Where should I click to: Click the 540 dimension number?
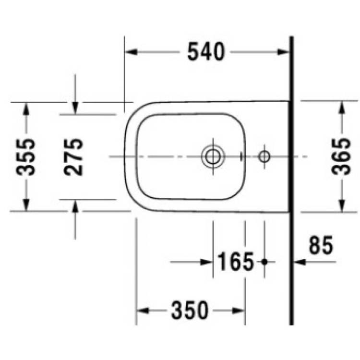[x=206, y=52]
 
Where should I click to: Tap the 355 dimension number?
[x=26, y=157]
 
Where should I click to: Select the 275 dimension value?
[x=73, y=157]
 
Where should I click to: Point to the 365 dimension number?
[x=341, y=156]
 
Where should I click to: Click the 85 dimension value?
[x=321, y=245]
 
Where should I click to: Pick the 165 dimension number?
[x=235, y=262]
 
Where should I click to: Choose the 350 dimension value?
[x=190, y=311]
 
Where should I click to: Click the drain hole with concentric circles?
[x=213, y=156]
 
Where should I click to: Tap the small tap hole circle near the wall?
[x=264, y=156]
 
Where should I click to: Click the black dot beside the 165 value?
[x=264, y=262]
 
